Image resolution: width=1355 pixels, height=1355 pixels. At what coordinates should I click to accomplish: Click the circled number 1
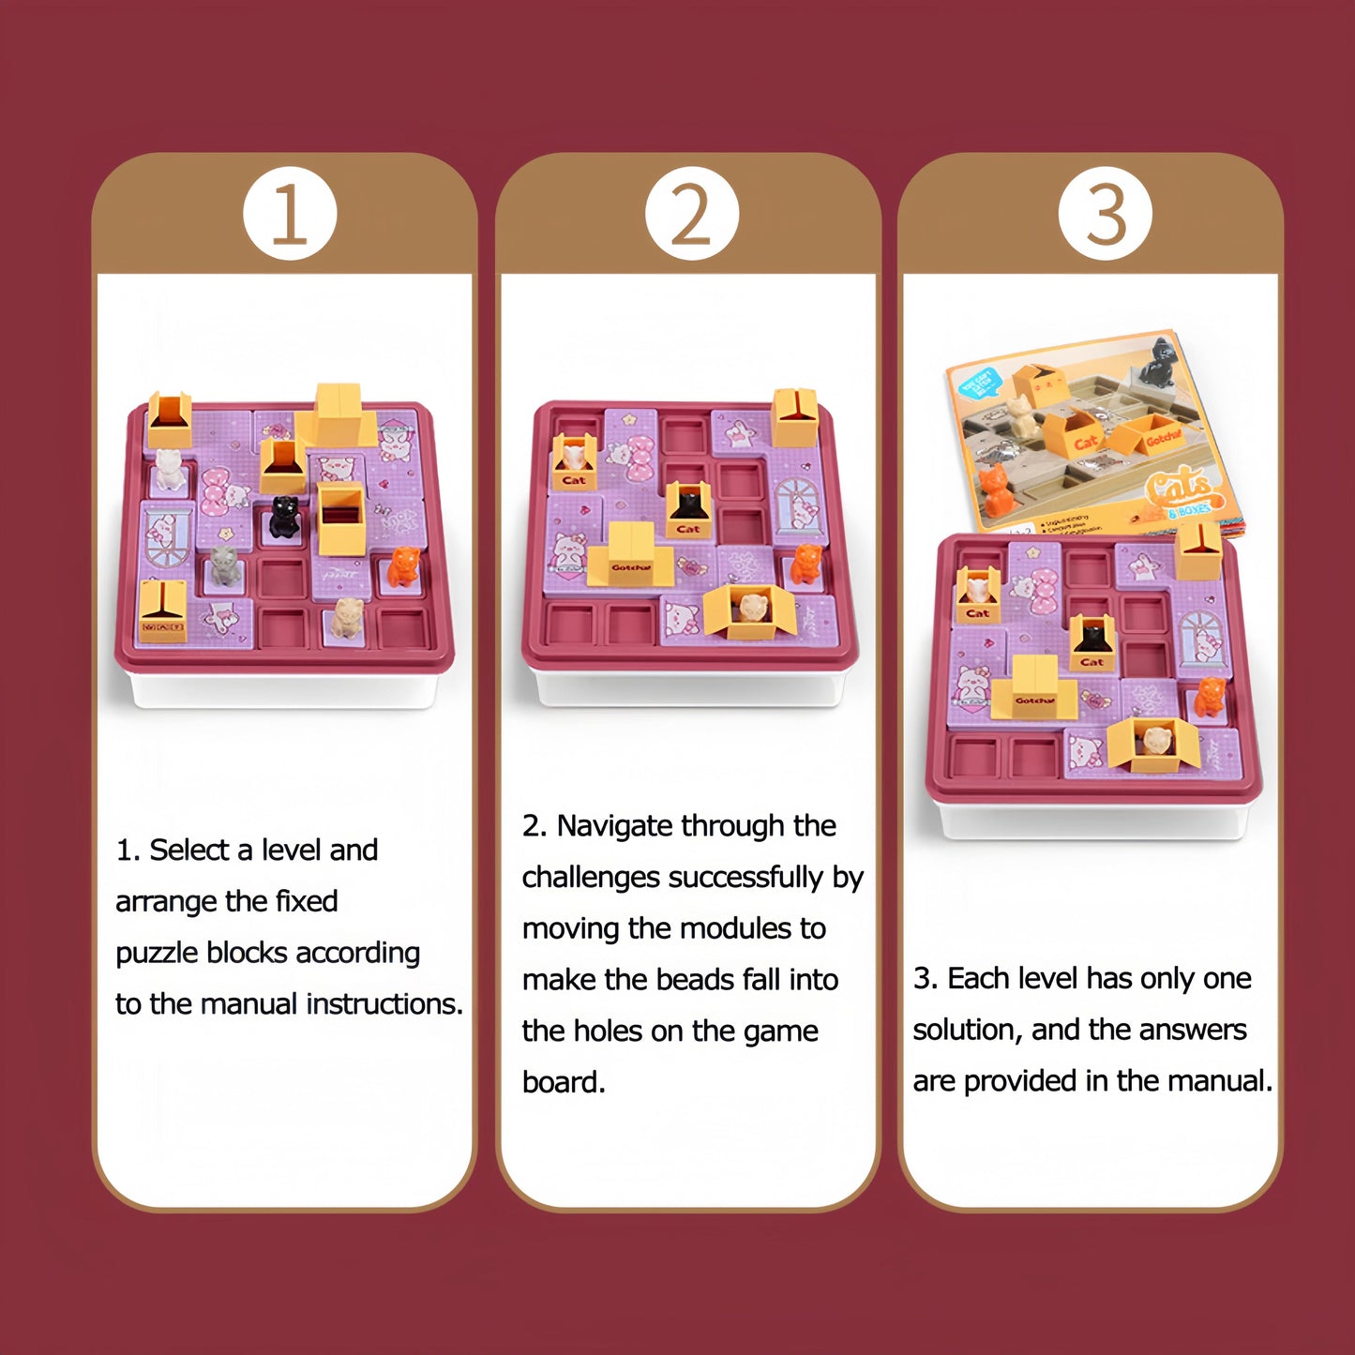(289, 214)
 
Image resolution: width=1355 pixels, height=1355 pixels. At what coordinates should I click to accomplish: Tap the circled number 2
(692, 214)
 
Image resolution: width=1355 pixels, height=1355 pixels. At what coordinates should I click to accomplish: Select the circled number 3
(1105, 214)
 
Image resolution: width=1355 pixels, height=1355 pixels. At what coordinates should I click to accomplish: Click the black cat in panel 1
(284, 517)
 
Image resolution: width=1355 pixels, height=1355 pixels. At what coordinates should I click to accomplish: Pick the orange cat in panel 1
(403, 566)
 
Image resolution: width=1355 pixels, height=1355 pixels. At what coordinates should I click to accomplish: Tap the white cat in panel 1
(169, 469)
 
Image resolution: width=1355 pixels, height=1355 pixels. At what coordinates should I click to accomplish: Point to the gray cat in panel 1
(223, 565)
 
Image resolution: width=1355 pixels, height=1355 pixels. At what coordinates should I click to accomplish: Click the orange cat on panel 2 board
(805, 564)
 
